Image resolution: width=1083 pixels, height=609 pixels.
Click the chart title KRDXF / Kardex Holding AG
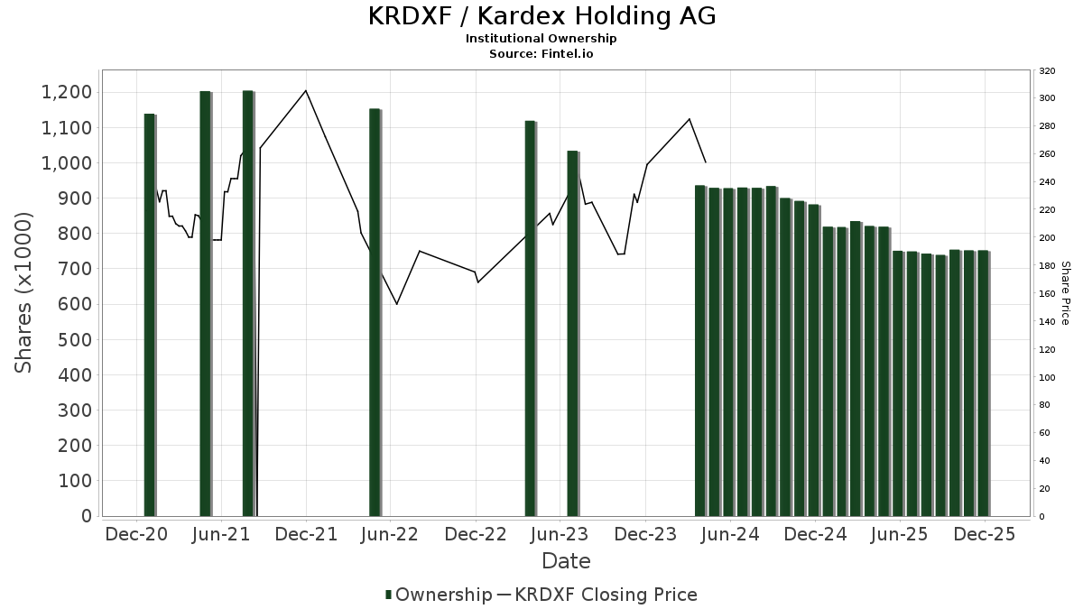pos(541,16)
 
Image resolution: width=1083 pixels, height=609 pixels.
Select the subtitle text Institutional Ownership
pos(541,39)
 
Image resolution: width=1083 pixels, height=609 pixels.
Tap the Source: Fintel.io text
pos(541,54)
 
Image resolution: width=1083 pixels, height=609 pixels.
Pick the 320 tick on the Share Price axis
pos(1048,70)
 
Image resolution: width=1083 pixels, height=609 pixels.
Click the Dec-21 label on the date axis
pos(306,534)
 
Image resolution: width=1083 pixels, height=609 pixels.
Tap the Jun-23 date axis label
pos(560,534)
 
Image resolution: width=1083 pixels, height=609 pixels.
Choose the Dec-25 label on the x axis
pos(984,534)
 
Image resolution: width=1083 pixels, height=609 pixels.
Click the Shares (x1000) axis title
pos(23,293)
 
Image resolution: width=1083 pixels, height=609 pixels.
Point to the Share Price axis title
pos(1065,293)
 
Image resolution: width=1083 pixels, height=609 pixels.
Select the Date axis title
pos(566,561)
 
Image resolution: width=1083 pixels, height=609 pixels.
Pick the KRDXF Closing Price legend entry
pos(596,595)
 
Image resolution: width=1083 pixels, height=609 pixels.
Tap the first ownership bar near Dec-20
pos(150,316)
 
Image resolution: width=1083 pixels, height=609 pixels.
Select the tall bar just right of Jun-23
pos(572,334)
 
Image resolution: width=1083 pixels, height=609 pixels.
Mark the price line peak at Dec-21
pos(306,90)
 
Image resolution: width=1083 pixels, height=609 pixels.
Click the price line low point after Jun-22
pos(397,304)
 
